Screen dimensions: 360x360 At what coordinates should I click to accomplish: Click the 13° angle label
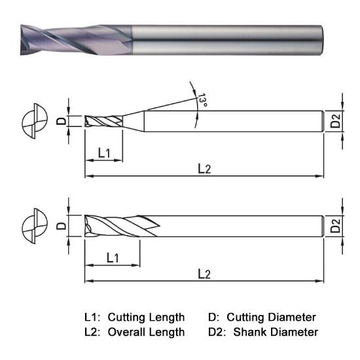[x=203, y=100]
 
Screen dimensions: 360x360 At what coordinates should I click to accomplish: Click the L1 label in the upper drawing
[x=105, y=153]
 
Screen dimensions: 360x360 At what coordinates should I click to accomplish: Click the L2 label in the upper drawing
[x=204, y=168]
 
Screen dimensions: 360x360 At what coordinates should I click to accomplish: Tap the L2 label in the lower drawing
[x=204, y=273]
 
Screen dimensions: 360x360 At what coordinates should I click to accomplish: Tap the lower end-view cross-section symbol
[x=35, y=226]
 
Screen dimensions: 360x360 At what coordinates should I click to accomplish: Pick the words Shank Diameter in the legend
[x=276, y=332]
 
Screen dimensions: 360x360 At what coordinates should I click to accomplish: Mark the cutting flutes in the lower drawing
[x=118, y=226]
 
